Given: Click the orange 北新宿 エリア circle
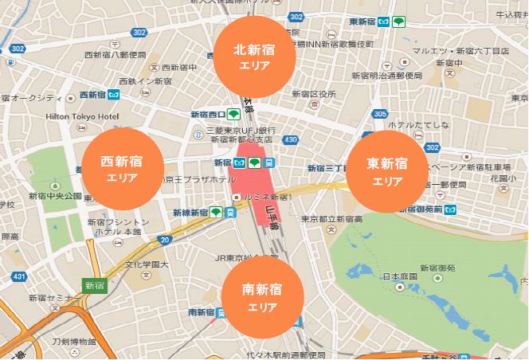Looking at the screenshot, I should click(255, 57).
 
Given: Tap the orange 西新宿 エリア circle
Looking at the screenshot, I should click(123, 169).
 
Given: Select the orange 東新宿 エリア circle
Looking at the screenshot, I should click(387, 171).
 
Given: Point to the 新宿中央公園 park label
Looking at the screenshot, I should click(55, 195).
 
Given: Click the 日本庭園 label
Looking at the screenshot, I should click(398, 277).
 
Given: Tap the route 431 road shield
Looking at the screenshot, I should click(18, 276).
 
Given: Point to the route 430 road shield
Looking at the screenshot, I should click(291, 140).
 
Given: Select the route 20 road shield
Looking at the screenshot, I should click(164, 238).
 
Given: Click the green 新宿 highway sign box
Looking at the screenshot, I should click(95, 284).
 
